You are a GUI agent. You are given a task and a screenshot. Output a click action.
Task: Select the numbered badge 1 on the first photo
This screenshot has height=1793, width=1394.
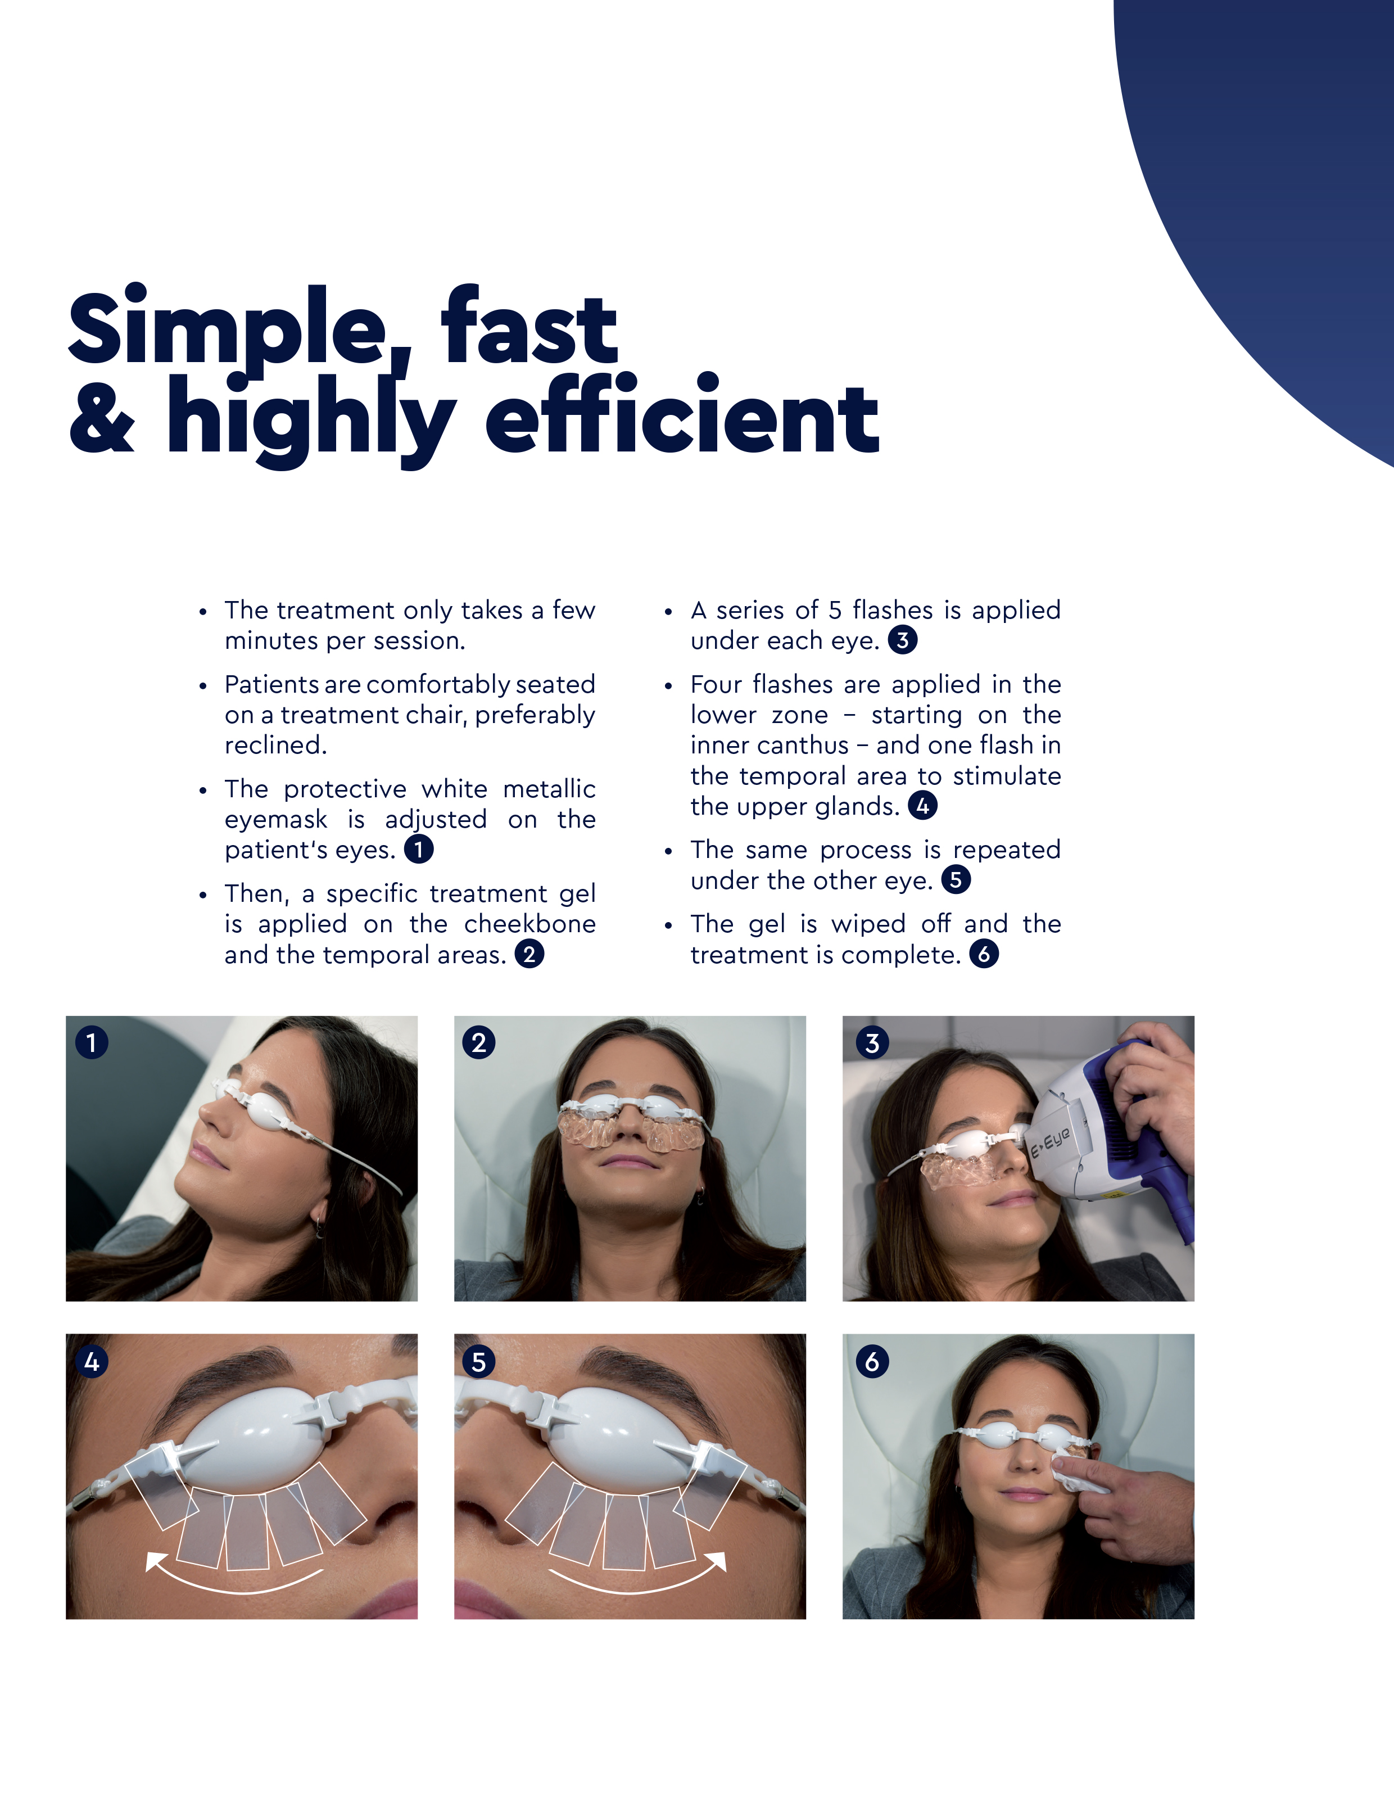(91, 1042)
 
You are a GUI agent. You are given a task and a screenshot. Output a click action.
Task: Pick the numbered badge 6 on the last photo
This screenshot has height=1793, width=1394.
(872, 1362)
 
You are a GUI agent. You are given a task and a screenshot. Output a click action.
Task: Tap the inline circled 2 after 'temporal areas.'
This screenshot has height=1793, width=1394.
(529, 954)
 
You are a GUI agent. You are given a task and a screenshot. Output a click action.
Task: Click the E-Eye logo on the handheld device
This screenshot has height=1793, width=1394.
(1050, 1141)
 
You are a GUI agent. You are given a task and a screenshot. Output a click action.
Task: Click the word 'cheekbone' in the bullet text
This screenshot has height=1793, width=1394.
(529, 924)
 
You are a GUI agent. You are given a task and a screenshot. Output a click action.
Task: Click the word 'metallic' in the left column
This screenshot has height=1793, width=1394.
(549, 789)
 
